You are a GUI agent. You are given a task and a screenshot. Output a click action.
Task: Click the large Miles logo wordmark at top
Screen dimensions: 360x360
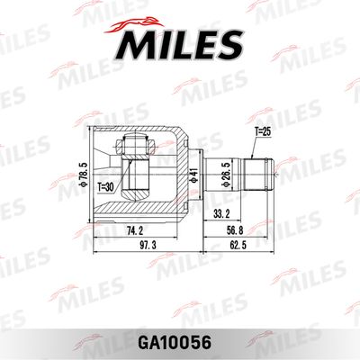coord(179,41)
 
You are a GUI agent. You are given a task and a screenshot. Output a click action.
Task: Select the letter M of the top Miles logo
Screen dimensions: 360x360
coord(133,42)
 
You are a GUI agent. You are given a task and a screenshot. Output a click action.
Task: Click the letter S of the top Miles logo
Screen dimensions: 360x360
coord(231,42)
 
